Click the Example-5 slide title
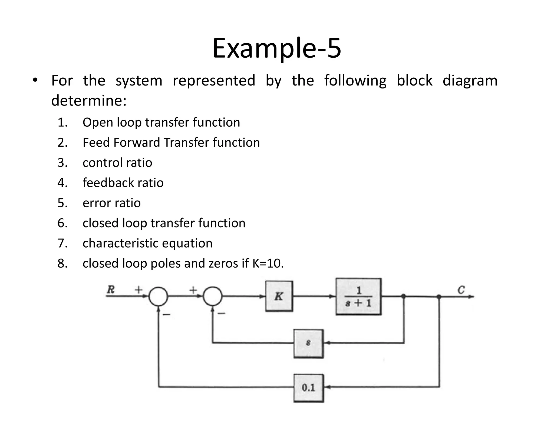(x=276, y=48)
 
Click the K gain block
(x=279, y=296)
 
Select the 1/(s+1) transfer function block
(x=358, y=297)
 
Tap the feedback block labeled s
(x=308, y=343)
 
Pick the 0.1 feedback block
(x=308, y=388)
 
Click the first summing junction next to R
(x=159, y=296)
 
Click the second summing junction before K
(x=213, y=296)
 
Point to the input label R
(x=111, y=290)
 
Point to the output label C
(x=461, y=290)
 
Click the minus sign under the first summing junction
(x=166, y=314)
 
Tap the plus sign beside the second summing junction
(x=193, y=290)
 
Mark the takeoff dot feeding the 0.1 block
(x=439, y=297)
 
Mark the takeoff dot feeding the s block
(x=403, y=296)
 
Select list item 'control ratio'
(x=117, y=163)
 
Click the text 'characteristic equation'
(x=147, y=243)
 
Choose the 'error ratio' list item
(x=111, y=203)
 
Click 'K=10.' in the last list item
(x=268, y=263)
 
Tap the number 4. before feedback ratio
(x=62, y=183)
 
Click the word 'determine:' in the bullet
(x=89, y=101)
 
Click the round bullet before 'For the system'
(x=35, y=80)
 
